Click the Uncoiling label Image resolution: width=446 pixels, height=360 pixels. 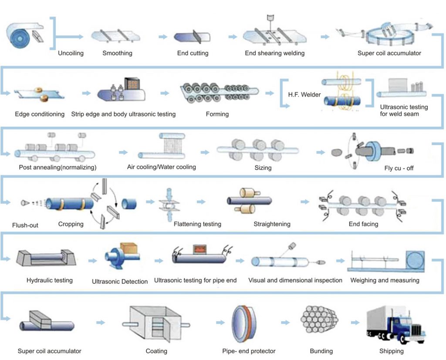pos(71,54)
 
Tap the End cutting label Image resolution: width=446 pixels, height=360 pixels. pos(193,54)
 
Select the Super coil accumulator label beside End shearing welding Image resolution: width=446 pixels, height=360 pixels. pos(389,54)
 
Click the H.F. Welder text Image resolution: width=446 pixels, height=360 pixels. pos(304,94)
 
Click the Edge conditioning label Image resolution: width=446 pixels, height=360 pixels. pos(40,114)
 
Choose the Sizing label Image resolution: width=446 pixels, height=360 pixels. pos(263,168)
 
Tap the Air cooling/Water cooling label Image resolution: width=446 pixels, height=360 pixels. pos(161,167)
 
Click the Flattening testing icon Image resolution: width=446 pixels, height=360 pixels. pos(167,204)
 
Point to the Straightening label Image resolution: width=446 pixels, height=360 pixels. pos(272,224)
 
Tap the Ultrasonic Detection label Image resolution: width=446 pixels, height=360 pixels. pos(119,282)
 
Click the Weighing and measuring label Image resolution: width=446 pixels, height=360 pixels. pos(385,280)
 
